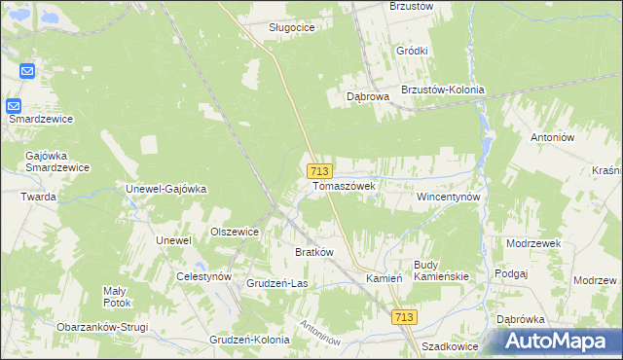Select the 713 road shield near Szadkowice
point(406,317)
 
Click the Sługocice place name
point(292,27)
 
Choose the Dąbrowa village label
point(369,96)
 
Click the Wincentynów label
point(449,196)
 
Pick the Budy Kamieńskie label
point(441,270)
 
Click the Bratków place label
point(314,252)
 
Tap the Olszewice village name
point(235,232)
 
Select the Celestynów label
point(203,276)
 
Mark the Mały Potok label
point(123,296)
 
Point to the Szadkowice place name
point(452,345)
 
